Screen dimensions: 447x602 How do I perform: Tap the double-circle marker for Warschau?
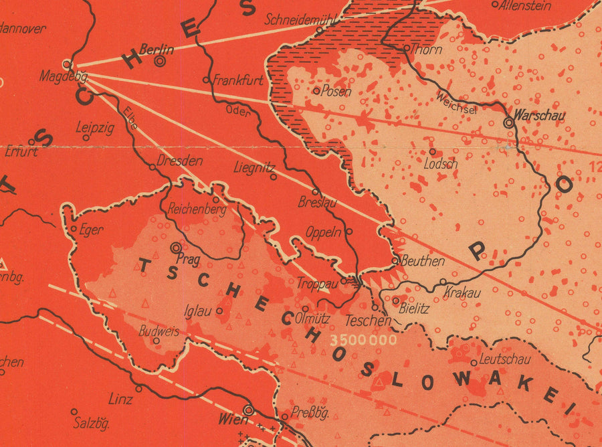(x=509, y=122)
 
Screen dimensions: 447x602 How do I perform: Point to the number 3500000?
(x=363, y=339)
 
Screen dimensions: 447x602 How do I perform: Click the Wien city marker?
(x=249, y=410)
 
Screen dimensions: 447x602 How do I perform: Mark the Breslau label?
(x=317, y=202)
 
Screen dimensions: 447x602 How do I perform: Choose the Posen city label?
(x=336, y=92)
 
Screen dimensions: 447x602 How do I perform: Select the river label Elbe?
(x=130, y=117)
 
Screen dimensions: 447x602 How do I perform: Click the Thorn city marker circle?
(x=406, y=48)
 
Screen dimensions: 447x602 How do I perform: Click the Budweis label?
(x=159, y=331)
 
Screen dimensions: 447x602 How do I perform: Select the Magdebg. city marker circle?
(x=66, y=64)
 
